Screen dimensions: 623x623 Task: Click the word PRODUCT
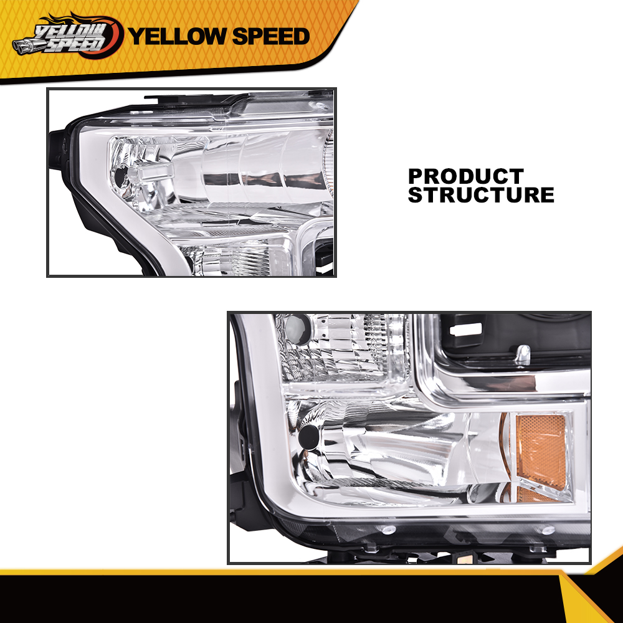point(466,176)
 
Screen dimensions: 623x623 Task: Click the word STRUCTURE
point(481,195)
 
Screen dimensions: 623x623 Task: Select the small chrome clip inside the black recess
point(523,354)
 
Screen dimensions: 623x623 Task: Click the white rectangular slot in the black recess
point(467,329)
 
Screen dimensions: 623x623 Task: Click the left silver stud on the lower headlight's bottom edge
point(388,530)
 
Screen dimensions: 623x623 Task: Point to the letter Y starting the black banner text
point(136,36)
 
